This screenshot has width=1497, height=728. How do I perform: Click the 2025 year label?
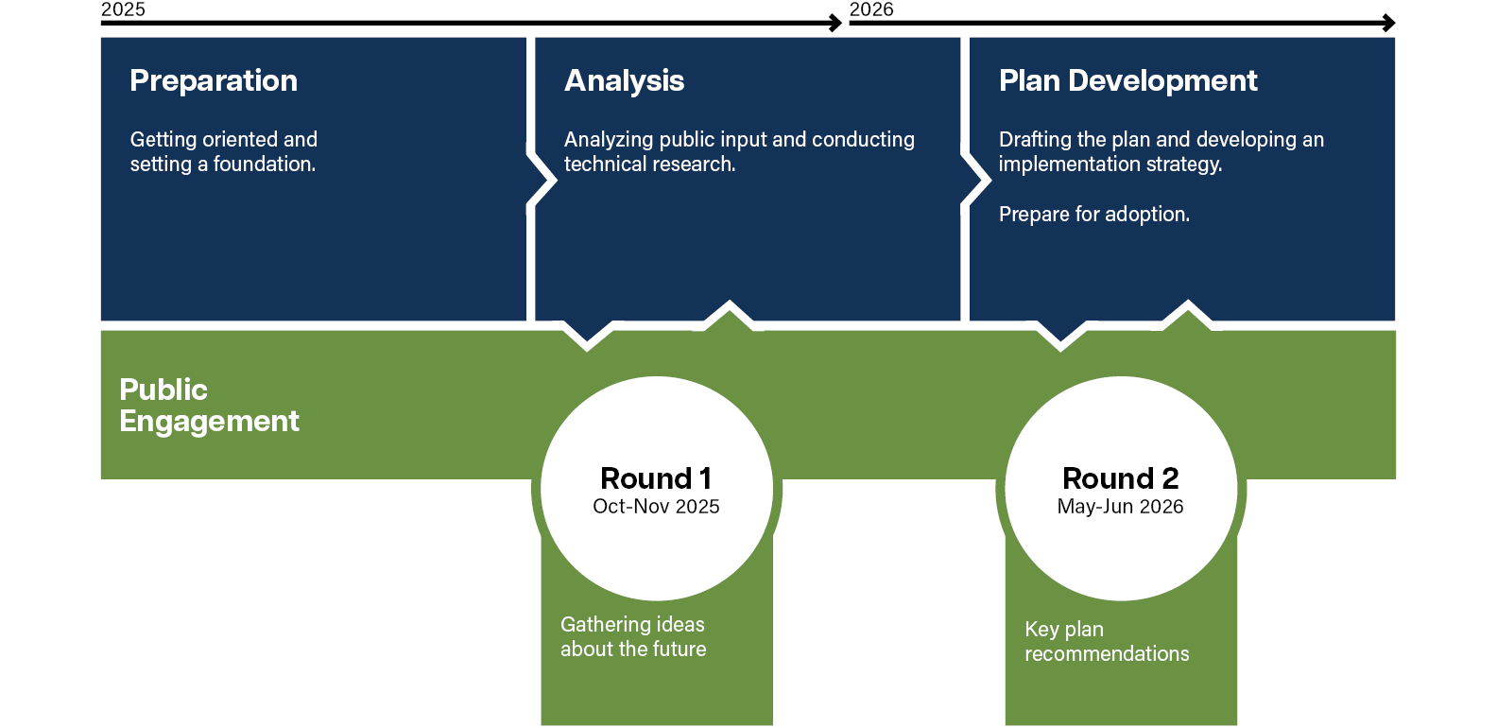[123, 9]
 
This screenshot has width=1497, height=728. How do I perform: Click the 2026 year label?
[871, 9]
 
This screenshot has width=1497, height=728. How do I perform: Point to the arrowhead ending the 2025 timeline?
[835, 23]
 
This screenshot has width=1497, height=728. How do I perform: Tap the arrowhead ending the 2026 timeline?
[1389, 23]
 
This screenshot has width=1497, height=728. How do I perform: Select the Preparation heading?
[214, 80]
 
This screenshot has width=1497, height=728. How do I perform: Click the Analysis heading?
[624, 80]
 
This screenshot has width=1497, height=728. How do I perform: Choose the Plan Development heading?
[1127, 80]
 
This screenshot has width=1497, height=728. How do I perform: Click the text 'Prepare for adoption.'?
[1093, 215]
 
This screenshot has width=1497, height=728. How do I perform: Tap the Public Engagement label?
[209, 405]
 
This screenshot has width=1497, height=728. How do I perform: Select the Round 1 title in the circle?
[656, 477]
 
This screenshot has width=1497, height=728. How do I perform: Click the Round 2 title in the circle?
[1120, 477]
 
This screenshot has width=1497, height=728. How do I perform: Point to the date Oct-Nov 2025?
[656, 507]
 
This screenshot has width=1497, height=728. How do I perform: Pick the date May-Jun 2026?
[1120, 507]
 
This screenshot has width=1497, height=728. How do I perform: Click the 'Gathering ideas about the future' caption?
[633, 636]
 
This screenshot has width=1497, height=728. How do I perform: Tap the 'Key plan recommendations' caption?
[1107, 641]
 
